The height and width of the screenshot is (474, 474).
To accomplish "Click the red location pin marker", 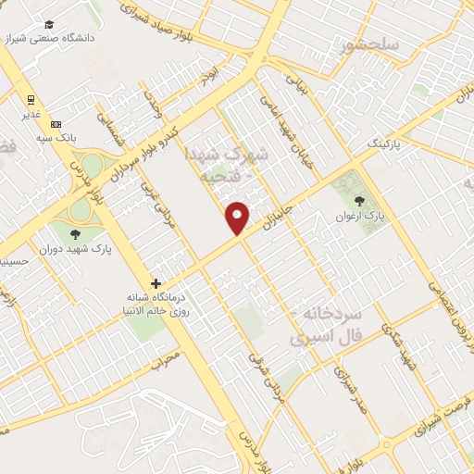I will coord(238,217).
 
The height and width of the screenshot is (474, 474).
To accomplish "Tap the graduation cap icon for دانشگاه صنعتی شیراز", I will coord(49,24).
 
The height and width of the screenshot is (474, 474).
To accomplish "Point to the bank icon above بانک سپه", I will coord(56,124).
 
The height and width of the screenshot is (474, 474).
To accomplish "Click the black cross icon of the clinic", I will coord(156,282).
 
